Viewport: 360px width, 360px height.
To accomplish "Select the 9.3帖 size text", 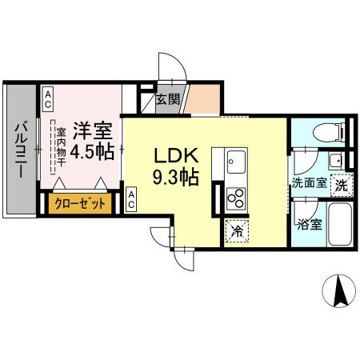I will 176,176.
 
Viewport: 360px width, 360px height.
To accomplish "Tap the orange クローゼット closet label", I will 80,204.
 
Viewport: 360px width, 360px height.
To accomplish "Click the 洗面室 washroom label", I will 308,183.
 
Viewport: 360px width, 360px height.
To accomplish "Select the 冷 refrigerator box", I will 236,231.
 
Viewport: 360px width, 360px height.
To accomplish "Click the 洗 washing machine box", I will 340,183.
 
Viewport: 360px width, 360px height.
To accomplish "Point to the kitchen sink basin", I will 236,163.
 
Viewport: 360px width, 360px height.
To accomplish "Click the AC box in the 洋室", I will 47,98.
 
